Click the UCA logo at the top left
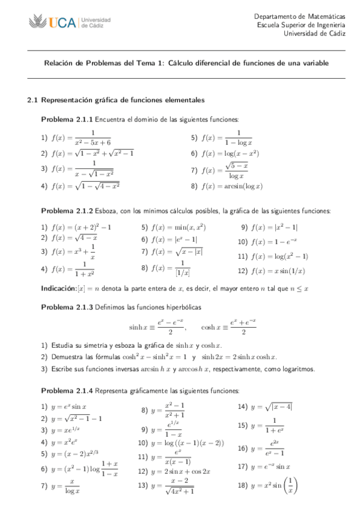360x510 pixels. point(69,23)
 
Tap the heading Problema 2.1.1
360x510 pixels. point(66,119)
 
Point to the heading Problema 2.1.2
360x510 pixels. point(66,211)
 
